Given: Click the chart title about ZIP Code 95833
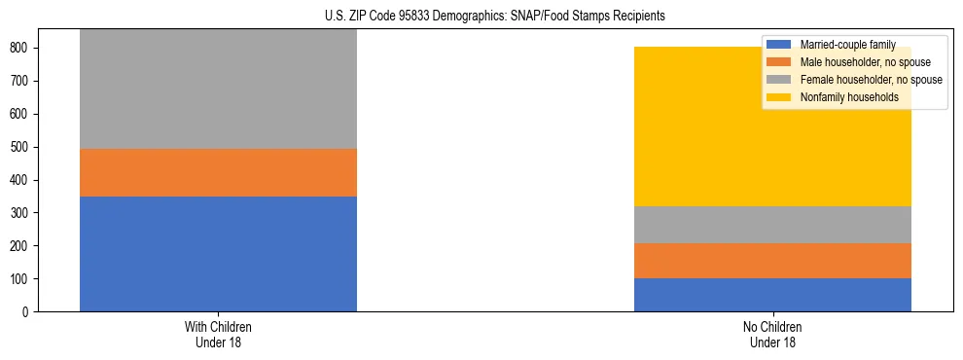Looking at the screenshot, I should (495, 17).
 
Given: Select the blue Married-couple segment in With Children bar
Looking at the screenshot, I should (218, 254).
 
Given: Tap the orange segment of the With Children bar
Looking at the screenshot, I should (218, 172).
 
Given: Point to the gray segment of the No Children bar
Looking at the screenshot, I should (772, 225).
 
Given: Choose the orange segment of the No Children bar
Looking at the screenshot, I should (772, 261).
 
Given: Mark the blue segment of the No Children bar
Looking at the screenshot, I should (772, 295).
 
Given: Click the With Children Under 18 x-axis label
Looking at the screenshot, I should (218, 334).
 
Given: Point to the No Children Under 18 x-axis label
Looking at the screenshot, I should (772, 334).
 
